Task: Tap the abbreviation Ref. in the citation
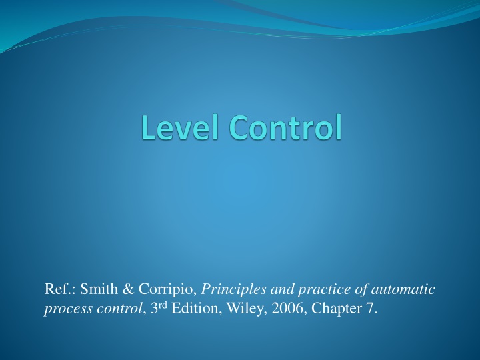coord(56,289)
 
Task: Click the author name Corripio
coord(167,290)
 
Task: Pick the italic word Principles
coord(234,290)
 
